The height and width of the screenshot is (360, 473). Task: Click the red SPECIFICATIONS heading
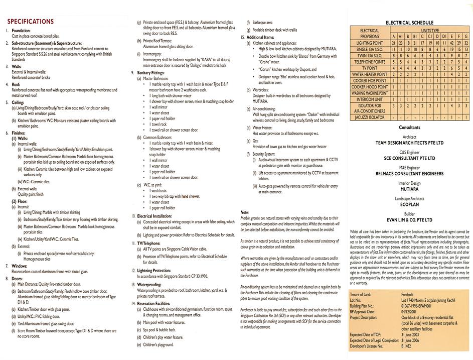(30, 22)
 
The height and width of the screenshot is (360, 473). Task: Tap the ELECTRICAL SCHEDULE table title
(409, 23)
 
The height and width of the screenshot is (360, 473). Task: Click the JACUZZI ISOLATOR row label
(370, 117)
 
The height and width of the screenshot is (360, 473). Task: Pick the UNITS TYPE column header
(429, 31)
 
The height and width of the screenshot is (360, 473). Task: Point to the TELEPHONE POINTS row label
(370, 62)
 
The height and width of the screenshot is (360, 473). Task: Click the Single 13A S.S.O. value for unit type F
(457, 50)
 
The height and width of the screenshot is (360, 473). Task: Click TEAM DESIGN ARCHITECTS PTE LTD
(409, 143)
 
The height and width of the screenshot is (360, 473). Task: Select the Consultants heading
(409, 128)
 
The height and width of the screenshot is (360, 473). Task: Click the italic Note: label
(245, 212)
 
